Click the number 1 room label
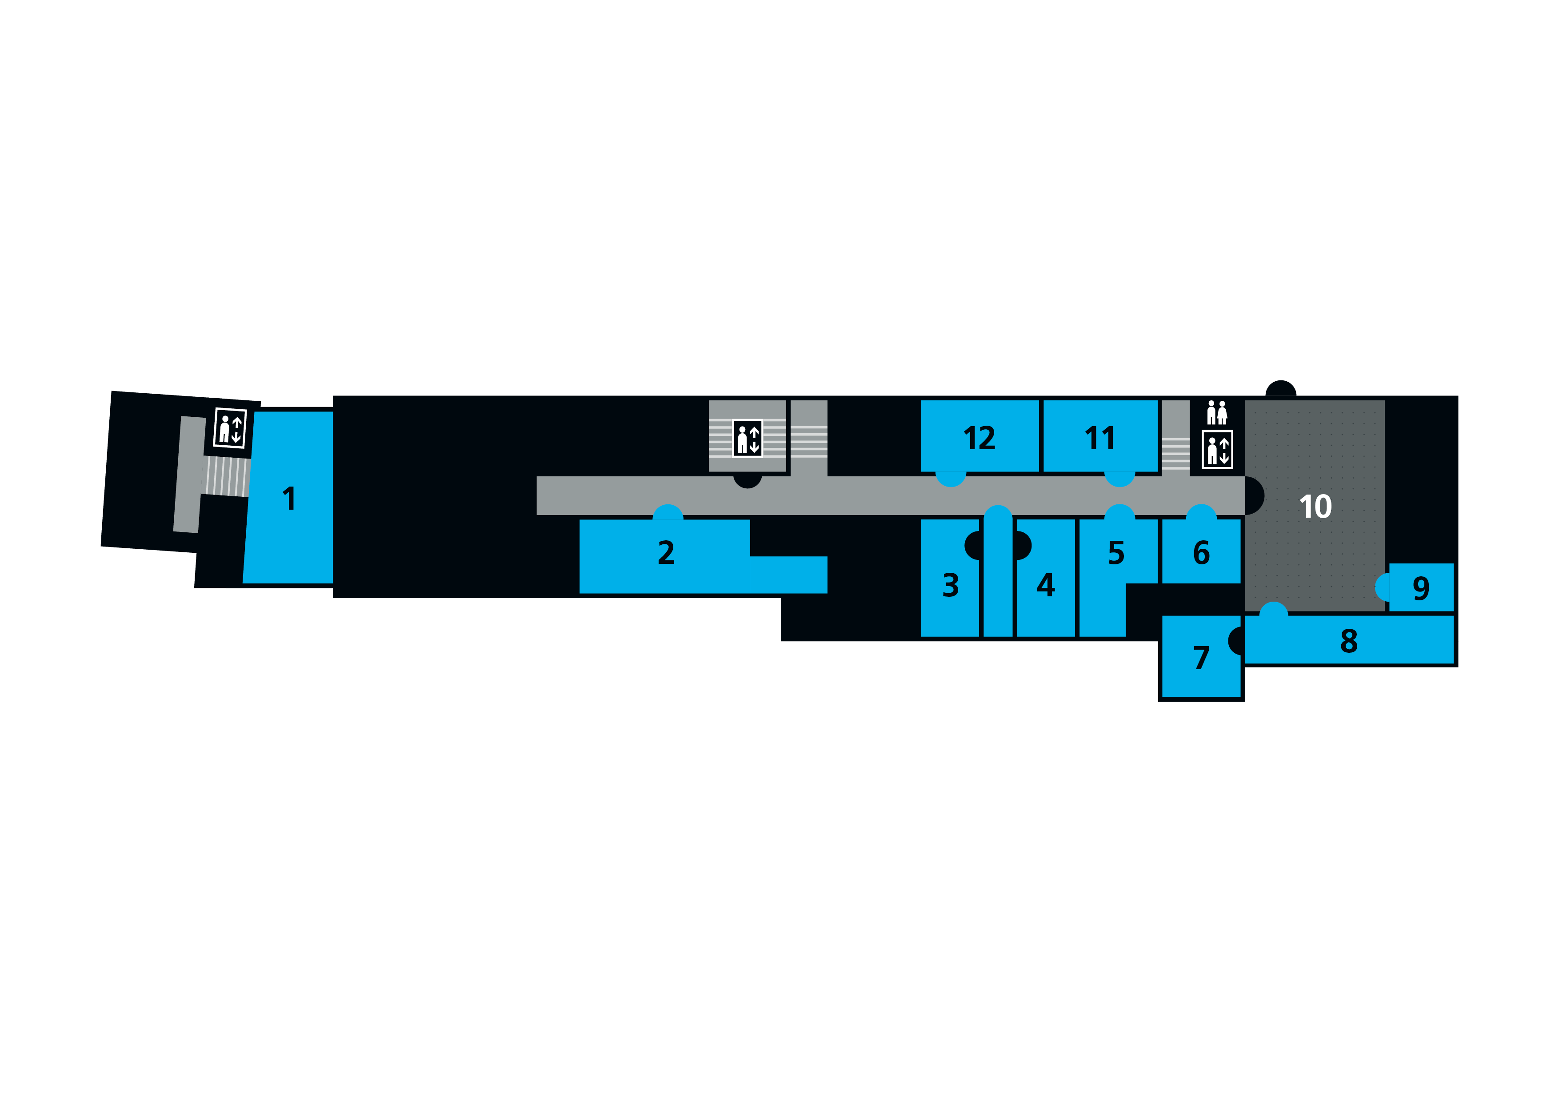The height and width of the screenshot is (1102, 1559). click(289, 499)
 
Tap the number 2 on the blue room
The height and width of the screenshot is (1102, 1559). click(666, 553)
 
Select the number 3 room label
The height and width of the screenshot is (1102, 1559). click(951, 585)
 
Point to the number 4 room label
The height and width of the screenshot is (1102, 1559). click(1046, 585)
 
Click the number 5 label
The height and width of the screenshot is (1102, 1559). click(1116, 553)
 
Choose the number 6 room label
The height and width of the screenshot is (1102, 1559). click(1201, 553)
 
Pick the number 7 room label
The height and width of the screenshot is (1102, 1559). click(1201, 659)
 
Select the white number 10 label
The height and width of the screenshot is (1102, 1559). click(1315, 507)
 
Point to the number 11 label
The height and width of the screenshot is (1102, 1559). click(1100, 439)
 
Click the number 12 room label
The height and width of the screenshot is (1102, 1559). click(979, 439)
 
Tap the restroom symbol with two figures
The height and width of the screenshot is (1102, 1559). click(1217, 413)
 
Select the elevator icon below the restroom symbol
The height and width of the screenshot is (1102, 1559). click(1217, 450)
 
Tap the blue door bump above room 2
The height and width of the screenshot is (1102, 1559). click(668, 513)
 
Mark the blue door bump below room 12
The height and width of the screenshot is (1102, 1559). click(951, 479)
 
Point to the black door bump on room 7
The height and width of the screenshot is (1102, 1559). click(1236, 641)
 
